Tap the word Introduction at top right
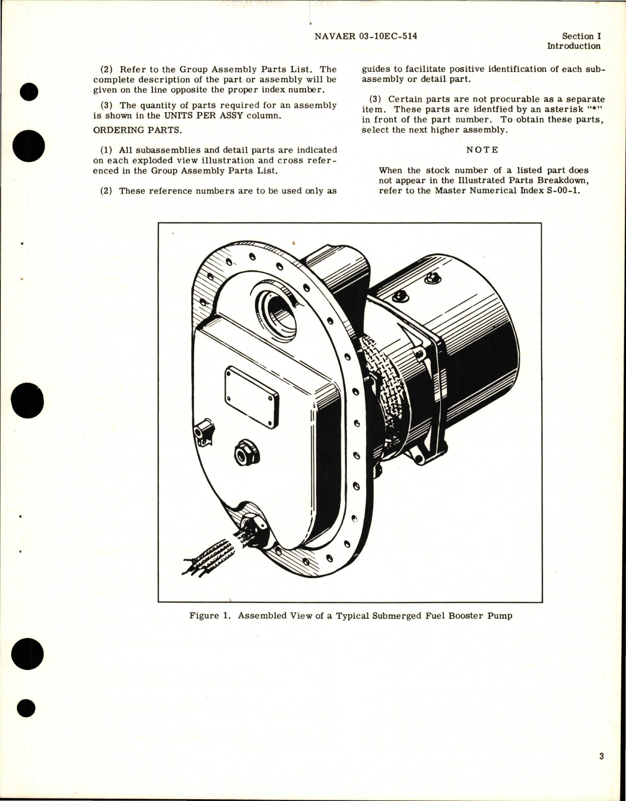[574, 46]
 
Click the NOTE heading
[482, 150]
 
